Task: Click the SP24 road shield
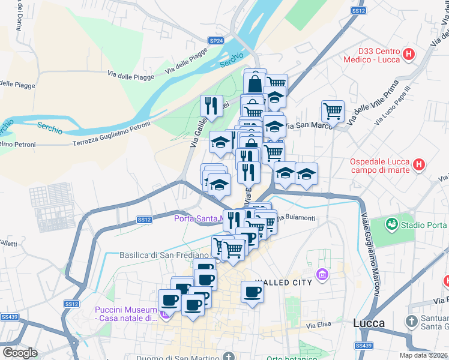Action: click(216, 40)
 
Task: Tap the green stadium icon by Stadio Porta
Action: click(393, 224)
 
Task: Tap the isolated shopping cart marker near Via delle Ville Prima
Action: click(333, 111)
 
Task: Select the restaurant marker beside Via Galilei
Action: click(211, 106)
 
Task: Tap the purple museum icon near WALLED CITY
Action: click(323, 274)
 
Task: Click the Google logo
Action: click(20, 353)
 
